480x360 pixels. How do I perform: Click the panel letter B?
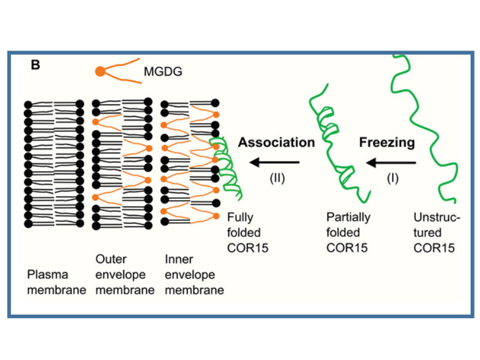[35, 65]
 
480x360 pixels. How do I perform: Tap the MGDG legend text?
[163, 73]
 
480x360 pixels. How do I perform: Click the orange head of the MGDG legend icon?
[100, 72]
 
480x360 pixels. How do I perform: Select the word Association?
[276, 143]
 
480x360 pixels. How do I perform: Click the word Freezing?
[386, 143]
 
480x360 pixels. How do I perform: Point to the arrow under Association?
[275, 162]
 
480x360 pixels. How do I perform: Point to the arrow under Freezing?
[390, 163]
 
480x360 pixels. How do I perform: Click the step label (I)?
[392, 178]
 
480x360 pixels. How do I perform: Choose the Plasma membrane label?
[56, 282]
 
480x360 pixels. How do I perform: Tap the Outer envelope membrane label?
[124, 274]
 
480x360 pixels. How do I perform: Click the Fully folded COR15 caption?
[244, 233]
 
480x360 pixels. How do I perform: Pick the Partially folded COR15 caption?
[348, 233]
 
